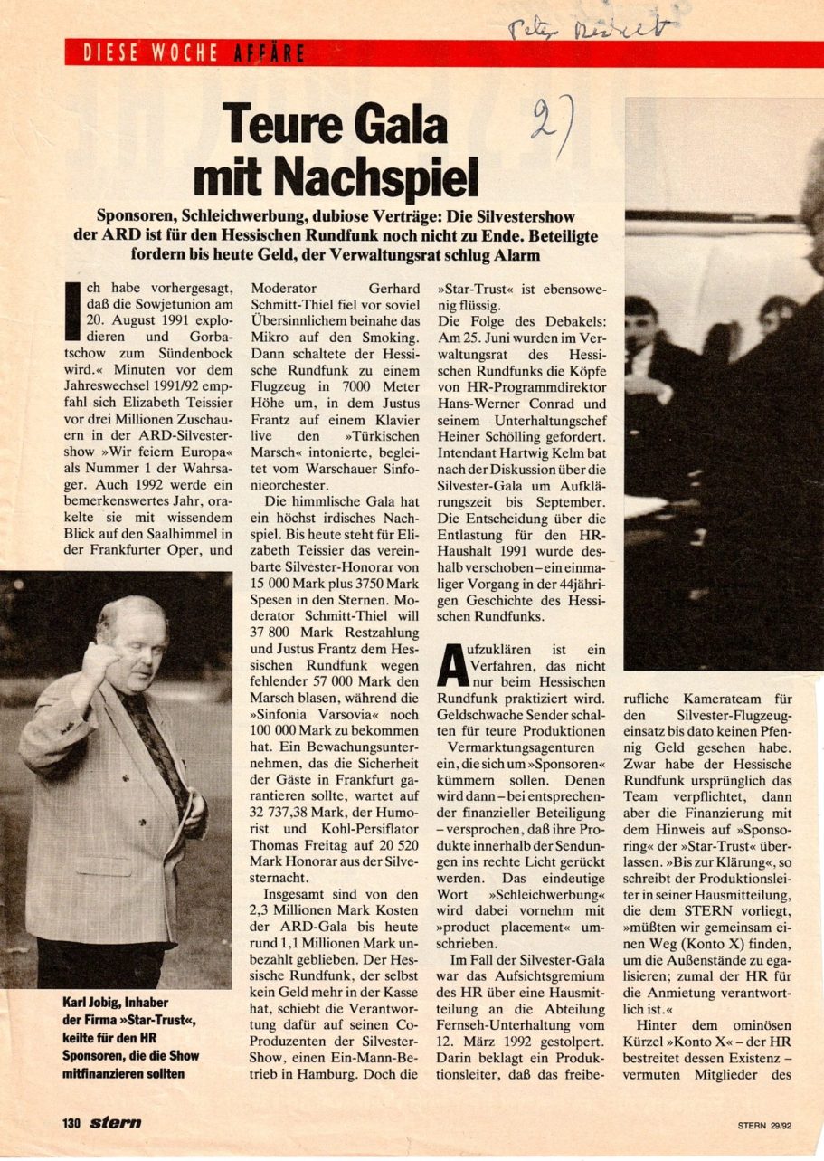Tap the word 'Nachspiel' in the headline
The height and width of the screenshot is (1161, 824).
coord(381,176)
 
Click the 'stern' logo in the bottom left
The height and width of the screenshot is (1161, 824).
coord(115,1123)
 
